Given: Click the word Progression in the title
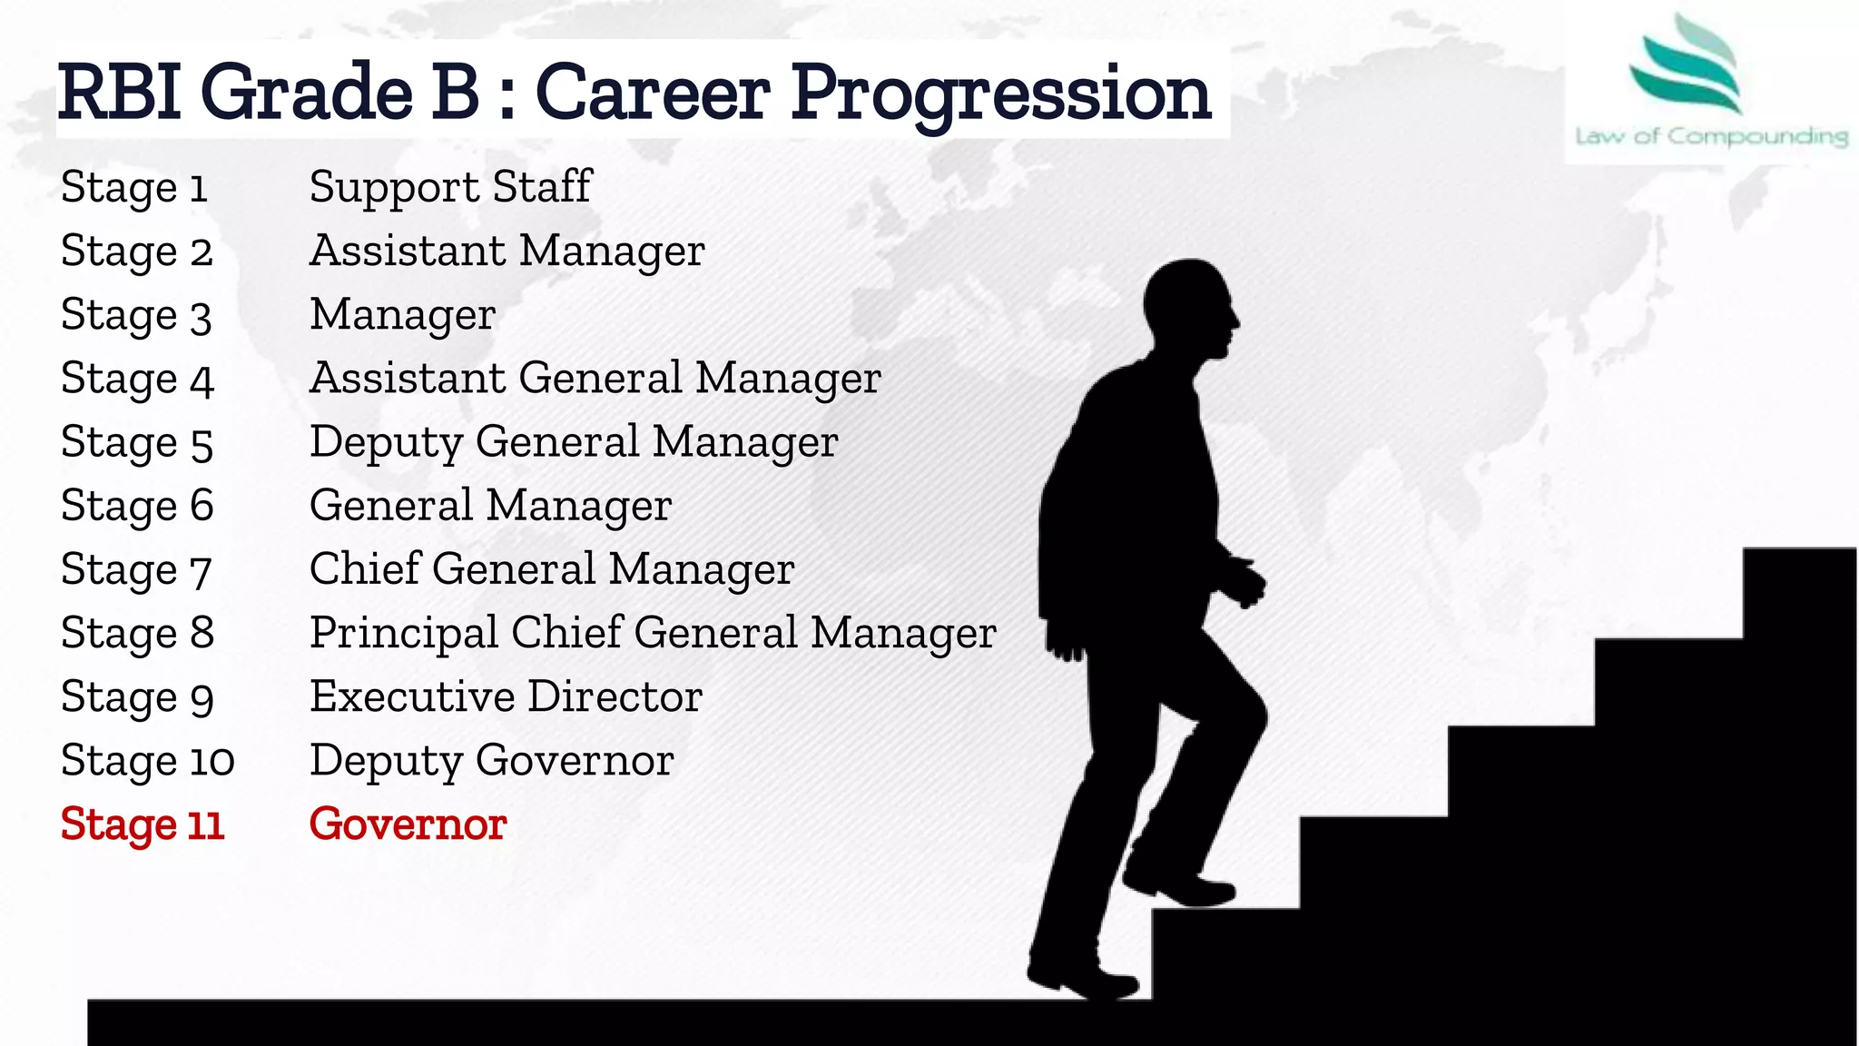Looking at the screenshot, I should pos(1000,94).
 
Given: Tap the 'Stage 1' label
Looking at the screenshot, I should pos(134,188).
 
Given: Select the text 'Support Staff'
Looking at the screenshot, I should pos(450,187).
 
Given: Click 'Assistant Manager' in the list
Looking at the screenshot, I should pos(507,251).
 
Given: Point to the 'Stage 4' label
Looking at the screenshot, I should pos(137,379).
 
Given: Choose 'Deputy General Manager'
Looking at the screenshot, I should pos(573,442).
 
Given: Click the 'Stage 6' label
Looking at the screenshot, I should pos(137,506).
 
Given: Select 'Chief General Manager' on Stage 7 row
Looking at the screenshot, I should pos(551,569).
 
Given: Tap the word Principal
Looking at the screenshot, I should pos(404,634).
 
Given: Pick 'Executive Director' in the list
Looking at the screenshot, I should pos(506,697).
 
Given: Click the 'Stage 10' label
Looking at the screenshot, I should pos(147,761).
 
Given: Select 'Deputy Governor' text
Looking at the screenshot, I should pos(491,761).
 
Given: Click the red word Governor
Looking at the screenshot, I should pos(408,824).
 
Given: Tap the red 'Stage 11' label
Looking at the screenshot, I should pos(142,824).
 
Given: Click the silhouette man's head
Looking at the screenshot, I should pos(1189,309).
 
